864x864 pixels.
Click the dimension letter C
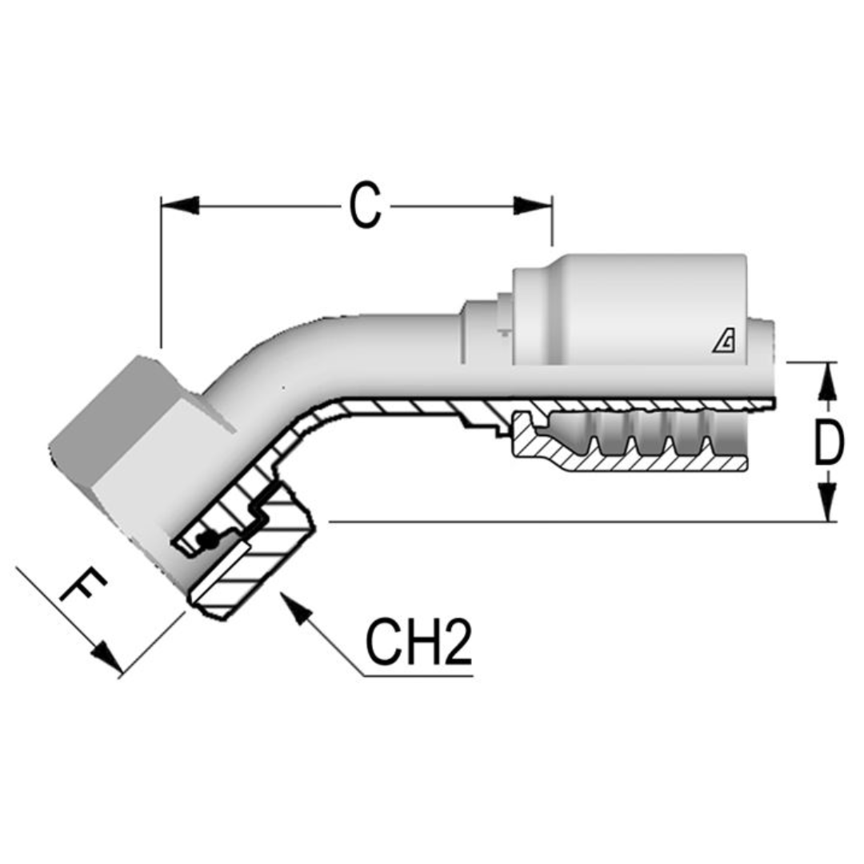click(365, 206)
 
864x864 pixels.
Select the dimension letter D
click(829, 443)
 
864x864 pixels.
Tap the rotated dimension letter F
click(83, 589)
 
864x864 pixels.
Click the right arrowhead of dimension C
click(534, 206)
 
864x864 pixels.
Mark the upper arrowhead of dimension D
click(829, 381)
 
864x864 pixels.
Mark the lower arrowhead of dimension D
click(829, 504)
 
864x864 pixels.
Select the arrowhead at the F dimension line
click(107, 658)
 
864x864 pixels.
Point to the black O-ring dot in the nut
click(209, 542)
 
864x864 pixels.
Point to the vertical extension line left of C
click(161, 272)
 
